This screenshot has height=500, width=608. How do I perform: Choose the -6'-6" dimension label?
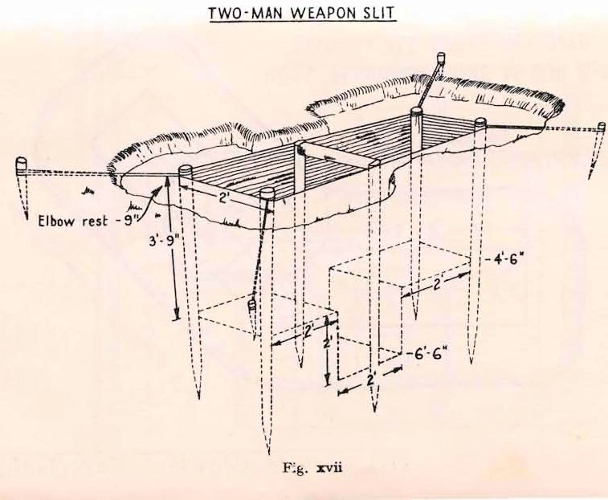(423, 353)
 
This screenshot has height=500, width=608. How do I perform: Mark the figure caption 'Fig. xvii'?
(312, 468)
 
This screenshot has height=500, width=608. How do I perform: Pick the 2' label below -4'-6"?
(439, 285)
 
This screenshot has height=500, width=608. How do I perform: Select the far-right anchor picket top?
(602, 126)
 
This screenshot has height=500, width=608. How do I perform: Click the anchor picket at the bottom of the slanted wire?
(251, 307)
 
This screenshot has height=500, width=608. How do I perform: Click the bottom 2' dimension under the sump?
(371, 380)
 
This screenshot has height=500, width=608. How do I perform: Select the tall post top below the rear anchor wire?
(416, 112)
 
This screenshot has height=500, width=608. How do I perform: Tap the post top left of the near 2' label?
(185, 170)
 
